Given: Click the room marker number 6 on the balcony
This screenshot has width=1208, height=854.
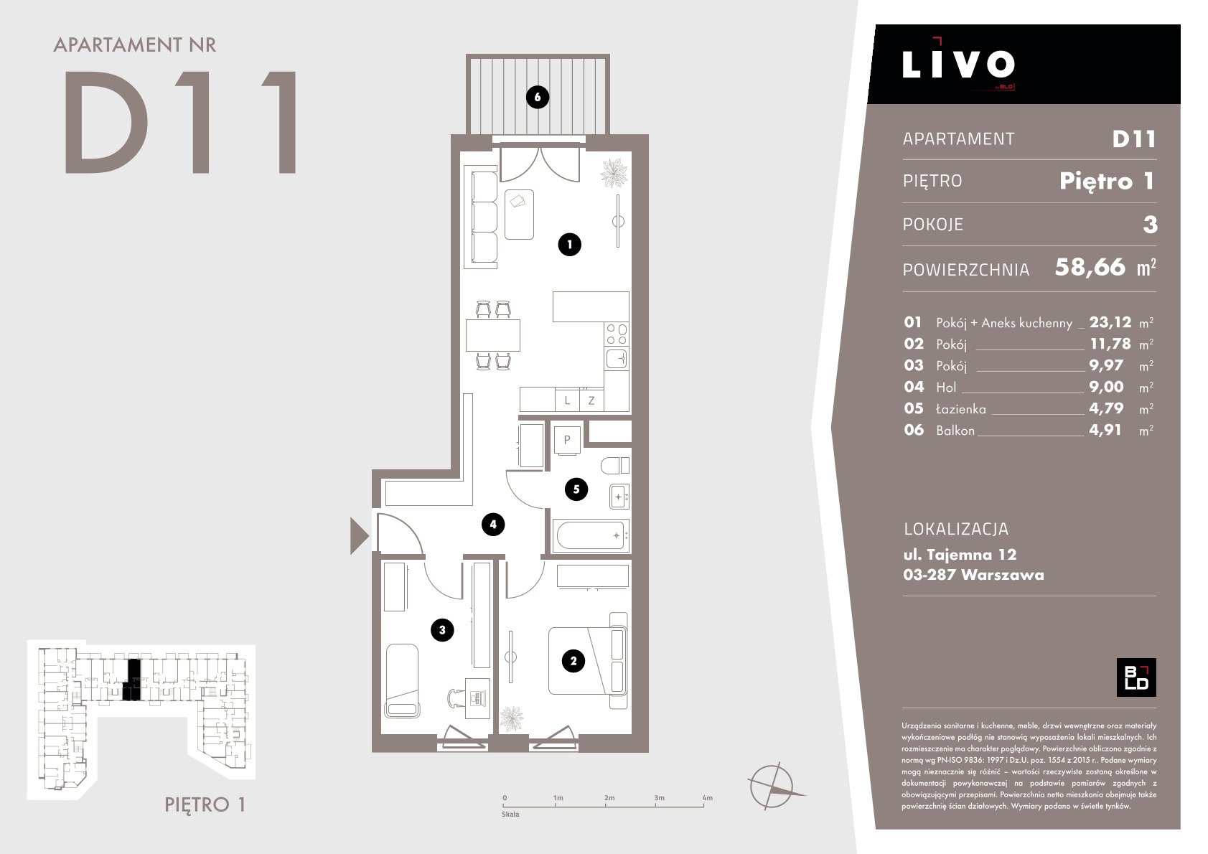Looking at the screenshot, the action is [x=537, y=98].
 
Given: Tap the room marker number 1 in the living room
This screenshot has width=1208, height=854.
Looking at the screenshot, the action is [x=569, y=245].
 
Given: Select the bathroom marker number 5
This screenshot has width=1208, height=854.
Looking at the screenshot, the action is [x=576, y=489].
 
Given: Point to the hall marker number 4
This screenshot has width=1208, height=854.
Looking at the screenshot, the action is [x=493, y=524].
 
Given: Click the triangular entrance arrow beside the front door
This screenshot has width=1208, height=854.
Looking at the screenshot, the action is [x=359, y=536].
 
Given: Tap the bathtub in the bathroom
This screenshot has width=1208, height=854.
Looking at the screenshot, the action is [x=591, y=535].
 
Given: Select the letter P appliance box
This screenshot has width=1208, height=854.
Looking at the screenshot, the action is [x=567, y=439].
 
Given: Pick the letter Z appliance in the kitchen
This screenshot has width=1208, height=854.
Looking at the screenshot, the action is [x=591, y=400].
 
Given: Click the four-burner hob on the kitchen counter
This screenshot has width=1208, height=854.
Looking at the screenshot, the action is [x=617, y=334].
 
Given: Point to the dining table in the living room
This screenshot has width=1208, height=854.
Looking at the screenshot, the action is [x=493, y=335].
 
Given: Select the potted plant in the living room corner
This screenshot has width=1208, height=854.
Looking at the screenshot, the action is [x=614, y=173].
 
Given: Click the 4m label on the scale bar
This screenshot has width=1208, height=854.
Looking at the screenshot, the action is [x=707, y=798].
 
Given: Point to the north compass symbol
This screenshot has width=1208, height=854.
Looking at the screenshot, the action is [x=772, y=786].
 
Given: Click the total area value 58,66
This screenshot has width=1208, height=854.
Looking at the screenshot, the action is [x=1090, y=268].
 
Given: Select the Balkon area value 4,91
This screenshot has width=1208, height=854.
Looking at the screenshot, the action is [x=1105, y=431].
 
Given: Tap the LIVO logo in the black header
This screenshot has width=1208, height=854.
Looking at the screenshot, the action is [x=958, y=64].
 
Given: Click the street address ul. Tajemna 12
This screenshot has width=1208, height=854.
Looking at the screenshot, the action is [x=960, y=555].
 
